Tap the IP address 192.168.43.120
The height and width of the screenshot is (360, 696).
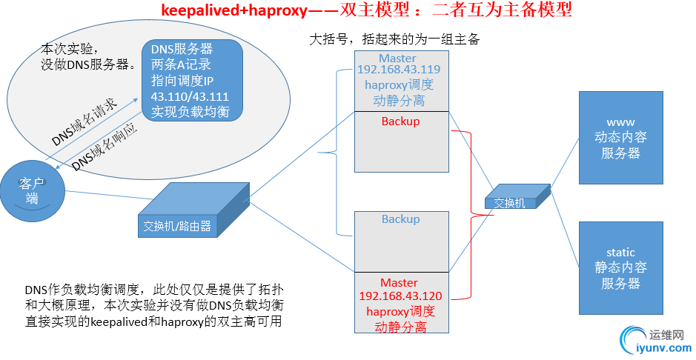tap(400, 296)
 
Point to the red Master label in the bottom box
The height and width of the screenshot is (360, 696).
tap(399, 282)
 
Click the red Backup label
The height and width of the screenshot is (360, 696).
tap(400, 121)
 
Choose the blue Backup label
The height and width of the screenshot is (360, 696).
tap(400, 219)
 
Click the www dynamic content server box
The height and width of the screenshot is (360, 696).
tap(620, 139)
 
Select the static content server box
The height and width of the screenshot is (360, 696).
tap(620, 267)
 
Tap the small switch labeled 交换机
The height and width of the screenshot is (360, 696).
tap(512, 201)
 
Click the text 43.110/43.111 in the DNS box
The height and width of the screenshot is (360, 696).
tap(190, 97)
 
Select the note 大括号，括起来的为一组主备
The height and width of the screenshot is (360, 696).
tap(394, 39)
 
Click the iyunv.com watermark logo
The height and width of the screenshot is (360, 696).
tap(652, 340)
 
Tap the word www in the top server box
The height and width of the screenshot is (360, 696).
tap(620, 121)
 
